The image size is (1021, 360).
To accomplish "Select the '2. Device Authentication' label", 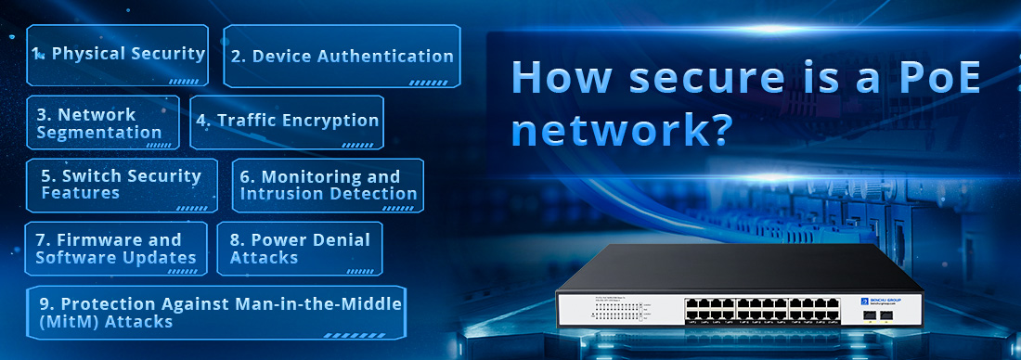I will (x=342, y=56).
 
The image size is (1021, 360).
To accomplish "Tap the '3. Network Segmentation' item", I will (x=100, y=123).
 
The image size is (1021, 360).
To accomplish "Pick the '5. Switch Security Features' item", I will (x=122, y=185).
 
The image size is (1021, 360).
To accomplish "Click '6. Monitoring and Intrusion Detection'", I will (x=328, y=185).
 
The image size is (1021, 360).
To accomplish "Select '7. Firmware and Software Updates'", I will (x=116, y=249).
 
